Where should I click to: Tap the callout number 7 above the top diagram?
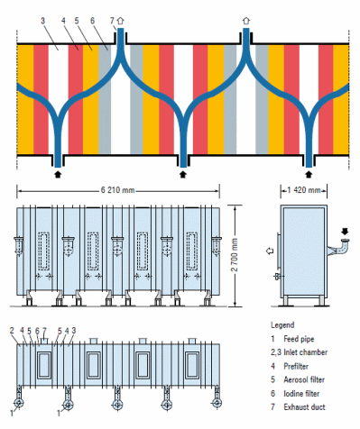(112, 20)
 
